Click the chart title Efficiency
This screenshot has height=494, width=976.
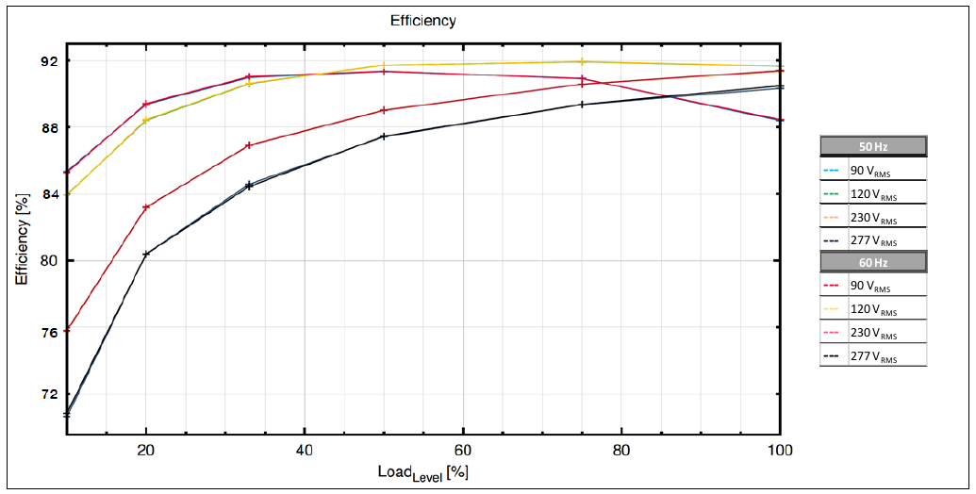[422, 21]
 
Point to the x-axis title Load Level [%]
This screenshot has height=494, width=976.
[423, 472]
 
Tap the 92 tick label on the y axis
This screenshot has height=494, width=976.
[48, 61]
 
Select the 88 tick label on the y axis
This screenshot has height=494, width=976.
[48, 128]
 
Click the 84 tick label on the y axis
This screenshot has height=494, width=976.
[48, 194]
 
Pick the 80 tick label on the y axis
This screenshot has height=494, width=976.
[48, 260]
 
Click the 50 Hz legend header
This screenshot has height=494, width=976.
[873, 146]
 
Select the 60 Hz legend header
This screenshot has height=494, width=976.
[873, 262]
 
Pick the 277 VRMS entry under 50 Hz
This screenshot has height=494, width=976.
[873, 239]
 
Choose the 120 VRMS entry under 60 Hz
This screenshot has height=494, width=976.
[873, 308]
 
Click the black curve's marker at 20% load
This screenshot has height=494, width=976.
[146, 254]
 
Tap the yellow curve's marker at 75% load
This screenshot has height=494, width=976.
[583, 61]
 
